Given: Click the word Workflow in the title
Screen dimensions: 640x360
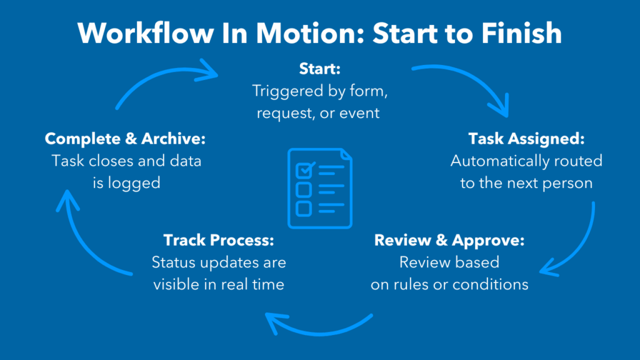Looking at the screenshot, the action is tap(146, 33).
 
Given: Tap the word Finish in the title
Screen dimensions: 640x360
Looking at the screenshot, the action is tap(522, 33).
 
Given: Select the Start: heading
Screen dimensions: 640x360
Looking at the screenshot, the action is tap(319, 69).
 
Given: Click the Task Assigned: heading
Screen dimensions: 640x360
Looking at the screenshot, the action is tap(526, 139).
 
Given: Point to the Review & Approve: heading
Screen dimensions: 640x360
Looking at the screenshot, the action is tap(449, 241).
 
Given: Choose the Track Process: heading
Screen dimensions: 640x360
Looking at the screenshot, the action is tap(218, 240).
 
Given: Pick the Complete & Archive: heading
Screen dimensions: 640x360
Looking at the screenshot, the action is tap(125, 139).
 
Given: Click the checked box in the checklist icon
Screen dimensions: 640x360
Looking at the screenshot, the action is tap(305, 170).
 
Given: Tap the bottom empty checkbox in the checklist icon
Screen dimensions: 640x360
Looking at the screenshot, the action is tap(304, 209).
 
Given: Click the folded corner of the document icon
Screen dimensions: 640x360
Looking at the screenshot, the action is tap(346, 155).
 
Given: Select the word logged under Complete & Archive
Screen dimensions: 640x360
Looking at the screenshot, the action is tap(134, 183).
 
